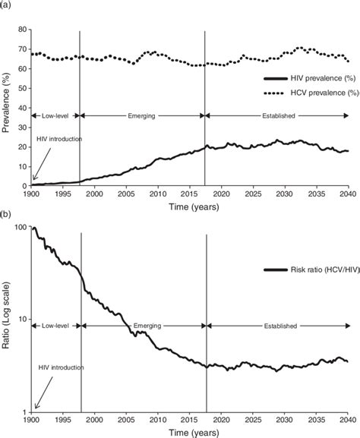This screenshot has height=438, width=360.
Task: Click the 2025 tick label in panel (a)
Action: click(x=254, y=194)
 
